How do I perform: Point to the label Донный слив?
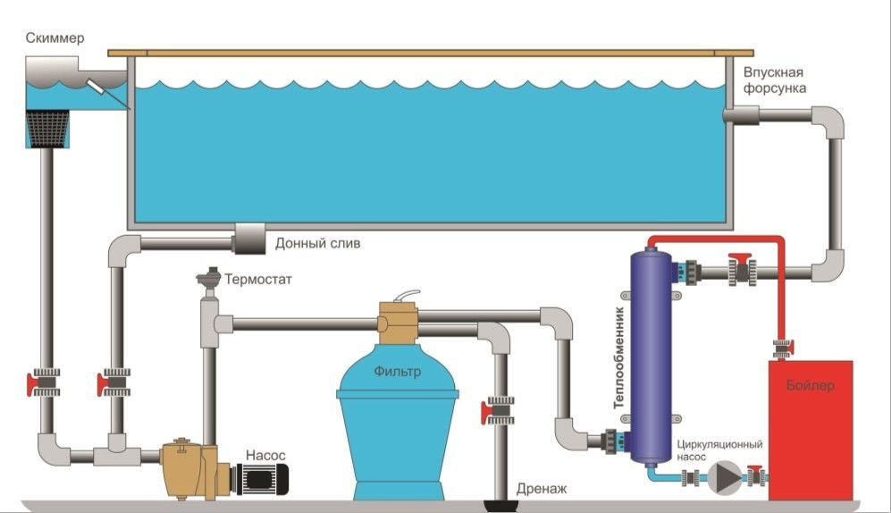318,243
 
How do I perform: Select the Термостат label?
260,279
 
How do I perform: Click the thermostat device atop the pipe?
208,280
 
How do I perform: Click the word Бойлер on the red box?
811,386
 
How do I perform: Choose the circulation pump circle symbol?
725,476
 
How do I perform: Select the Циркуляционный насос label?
719,450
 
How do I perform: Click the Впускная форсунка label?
775,80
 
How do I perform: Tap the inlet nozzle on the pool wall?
741,115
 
